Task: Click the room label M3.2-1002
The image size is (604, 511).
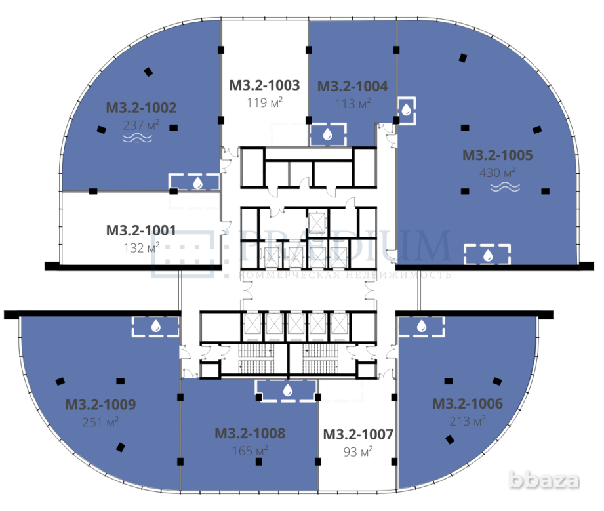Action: (x=141, y=108)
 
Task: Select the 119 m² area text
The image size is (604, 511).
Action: (x=264, y=102)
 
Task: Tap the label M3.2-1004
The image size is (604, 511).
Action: (x=352, y=86)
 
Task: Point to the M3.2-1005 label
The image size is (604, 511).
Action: (x=497, y=155)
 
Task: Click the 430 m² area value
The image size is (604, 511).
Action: (x=498, y=173)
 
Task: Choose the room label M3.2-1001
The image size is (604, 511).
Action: (x=141, y=230)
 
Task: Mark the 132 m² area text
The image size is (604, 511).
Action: (x=142, y=247)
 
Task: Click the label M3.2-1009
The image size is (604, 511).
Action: (x=100, y=405)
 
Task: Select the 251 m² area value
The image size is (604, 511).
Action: (x=101, y=422)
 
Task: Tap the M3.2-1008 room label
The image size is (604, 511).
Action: (x=249, y=434)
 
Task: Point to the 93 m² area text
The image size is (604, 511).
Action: (x=357, y=451)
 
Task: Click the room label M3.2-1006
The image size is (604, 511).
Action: (x=468, y=403)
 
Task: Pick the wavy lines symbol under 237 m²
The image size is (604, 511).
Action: (x=138, y=138)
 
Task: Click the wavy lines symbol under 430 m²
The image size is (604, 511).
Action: (x=506, y=187)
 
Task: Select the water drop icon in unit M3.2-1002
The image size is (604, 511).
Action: (x=197, y=182)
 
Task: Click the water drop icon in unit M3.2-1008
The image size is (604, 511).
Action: (x=287, y=390)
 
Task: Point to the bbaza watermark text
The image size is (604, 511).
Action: (x=554, y=481)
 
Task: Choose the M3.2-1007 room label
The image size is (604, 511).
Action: (x=358, y=434)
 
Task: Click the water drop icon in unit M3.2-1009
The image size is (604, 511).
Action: (x=156, y=325)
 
